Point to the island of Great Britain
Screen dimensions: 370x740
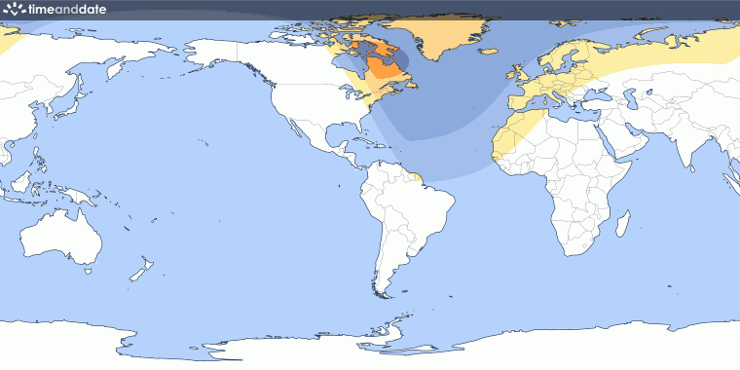pyautogui.click(x=520, y=74)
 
